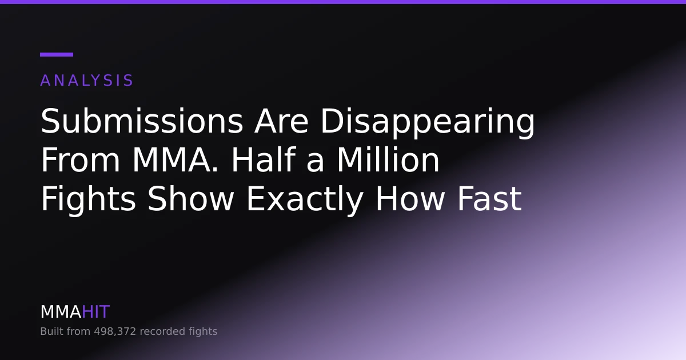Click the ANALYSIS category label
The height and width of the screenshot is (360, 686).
[x=87, y=81]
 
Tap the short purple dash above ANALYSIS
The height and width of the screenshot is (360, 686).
[x=57, y=54]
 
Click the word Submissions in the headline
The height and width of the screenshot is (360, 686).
[x=142, y=121]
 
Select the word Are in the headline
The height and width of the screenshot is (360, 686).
[x=281, y=121]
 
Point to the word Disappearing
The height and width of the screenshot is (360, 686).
[x=428, y=123]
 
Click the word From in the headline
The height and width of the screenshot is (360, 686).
[x=80, y=160]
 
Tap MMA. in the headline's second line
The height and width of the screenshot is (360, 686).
[x=176, y=160]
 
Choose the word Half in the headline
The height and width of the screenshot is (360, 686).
[x=264, y=159]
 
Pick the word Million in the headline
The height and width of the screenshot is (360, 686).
[x=388, y=159]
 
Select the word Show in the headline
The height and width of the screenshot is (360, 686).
[x=190, y=198]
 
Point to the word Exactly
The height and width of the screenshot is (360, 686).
[x=305, y=201]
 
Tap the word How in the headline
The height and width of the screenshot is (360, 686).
[x=410, y=198]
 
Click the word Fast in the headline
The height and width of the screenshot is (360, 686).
[x=489, y=198]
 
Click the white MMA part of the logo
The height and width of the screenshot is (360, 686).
[x=61, y=312]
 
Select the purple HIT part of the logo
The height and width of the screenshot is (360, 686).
[x=95, y=312]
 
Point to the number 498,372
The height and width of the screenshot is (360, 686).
[x=115, y=331]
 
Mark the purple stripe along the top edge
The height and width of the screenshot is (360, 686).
[x=343, y=2]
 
